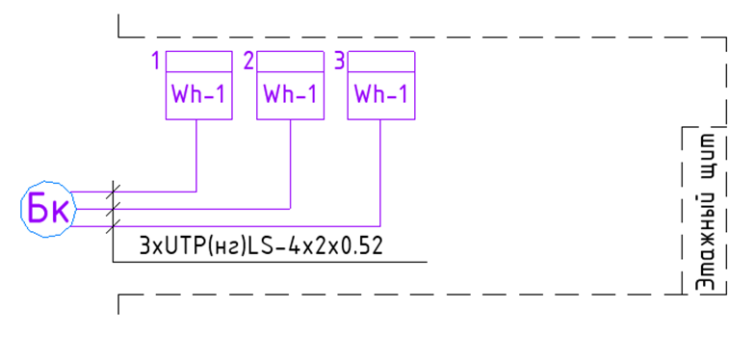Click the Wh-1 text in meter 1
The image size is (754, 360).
tap(198, 94)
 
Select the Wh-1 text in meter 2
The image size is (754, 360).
tap(290, 94)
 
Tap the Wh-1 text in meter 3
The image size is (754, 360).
tap(380, 94)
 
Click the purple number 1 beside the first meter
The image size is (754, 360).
tap(155, 62)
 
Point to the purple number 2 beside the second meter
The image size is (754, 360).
tap(248, 62)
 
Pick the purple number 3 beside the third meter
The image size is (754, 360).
tap(340, 62)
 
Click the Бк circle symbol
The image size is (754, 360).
tap(48, 209)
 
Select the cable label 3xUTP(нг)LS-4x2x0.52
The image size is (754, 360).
tap(261, 246)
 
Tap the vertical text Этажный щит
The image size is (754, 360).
tap(705, 211)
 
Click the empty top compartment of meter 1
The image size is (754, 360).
tap(199, 62)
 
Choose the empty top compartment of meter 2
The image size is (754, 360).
tap(290, 62)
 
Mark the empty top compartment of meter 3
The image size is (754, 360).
tap(381, 62)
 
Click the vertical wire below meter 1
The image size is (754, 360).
tap(196, 155)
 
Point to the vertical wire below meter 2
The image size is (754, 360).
tap(290, 164)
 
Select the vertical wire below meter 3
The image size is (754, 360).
tap(380, 172)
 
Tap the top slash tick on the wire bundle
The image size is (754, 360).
tap(113, 192)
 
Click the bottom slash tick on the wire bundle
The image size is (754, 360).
tap(113, 226)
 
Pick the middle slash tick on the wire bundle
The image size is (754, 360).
tap(113, 209)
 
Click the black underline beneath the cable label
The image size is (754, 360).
tap(271, 262)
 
